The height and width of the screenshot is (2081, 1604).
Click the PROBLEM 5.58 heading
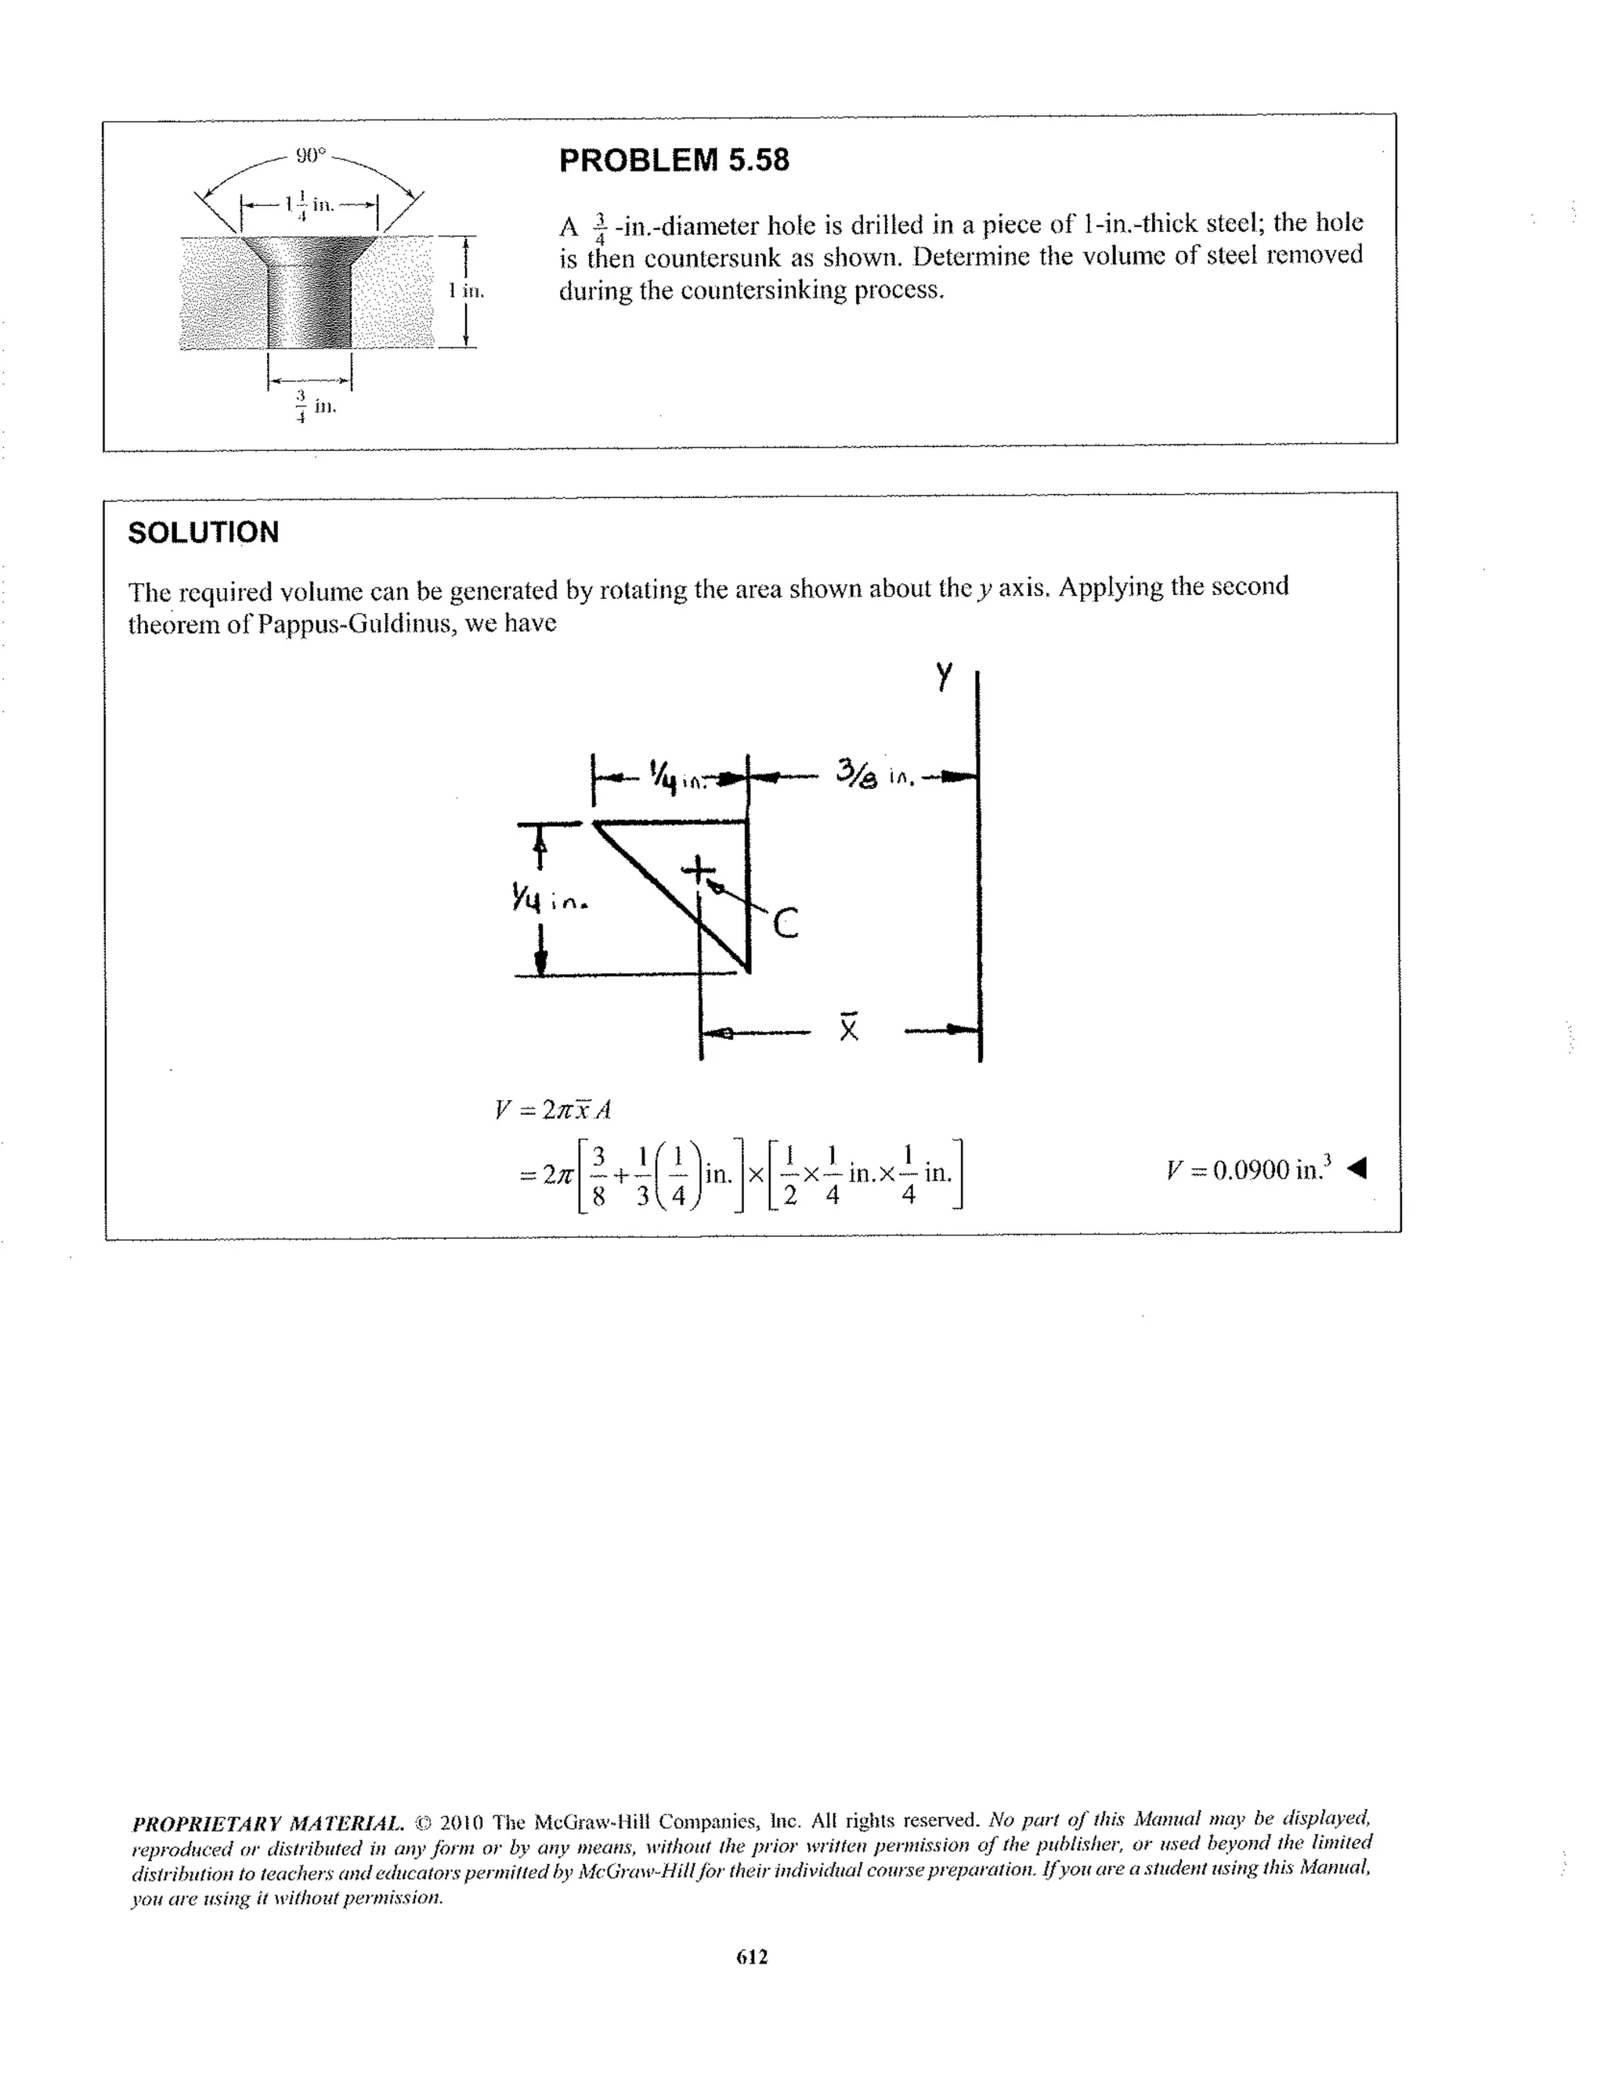click(673, 160)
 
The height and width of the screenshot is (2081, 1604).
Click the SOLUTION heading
click(203, 532)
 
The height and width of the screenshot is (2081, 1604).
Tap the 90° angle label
click(309, 153)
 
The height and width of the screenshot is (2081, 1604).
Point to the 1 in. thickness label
click(467, 290)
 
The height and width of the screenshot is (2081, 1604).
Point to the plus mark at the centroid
click(699, 869)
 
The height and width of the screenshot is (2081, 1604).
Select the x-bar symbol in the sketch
click(848, 1026)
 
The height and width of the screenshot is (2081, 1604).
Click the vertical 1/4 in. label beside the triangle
click(549, 897)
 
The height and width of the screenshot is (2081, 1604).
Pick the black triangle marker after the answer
click(1358, 1167)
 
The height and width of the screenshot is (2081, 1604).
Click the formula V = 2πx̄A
click(553, 1109)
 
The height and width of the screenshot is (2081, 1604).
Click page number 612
click(752, 1957)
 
